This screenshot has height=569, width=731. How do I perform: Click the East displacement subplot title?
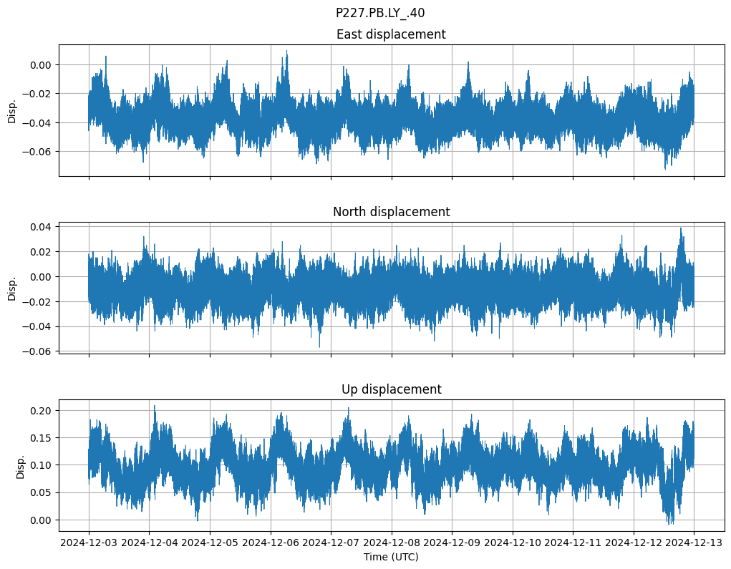tap(391, 34)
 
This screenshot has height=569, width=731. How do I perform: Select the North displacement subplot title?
tap(391, 212)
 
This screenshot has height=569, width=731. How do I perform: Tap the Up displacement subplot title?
tap(391, 389)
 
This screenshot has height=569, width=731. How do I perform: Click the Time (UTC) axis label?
tap(391, 556)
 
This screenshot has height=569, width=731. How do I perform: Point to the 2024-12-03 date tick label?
tap(89, 543)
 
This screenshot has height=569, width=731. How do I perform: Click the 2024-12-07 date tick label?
tap(331, 543)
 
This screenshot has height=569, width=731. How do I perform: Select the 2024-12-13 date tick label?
tap(694, 543)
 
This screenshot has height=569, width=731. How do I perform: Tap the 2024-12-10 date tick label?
tap(513, 543)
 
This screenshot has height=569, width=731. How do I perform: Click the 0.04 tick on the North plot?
tap(40, 227)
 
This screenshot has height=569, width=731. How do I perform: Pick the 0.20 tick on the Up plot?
tap(40, 411)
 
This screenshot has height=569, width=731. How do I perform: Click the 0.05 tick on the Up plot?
tap(40, 493)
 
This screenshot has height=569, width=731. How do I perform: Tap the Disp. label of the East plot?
tap(12, 111)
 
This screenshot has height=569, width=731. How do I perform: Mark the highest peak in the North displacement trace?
tap(681, 228)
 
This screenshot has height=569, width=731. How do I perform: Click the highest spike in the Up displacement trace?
tap(154, 406)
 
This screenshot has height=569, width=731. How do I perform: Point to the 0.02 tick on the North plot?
tap(40, 252)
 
